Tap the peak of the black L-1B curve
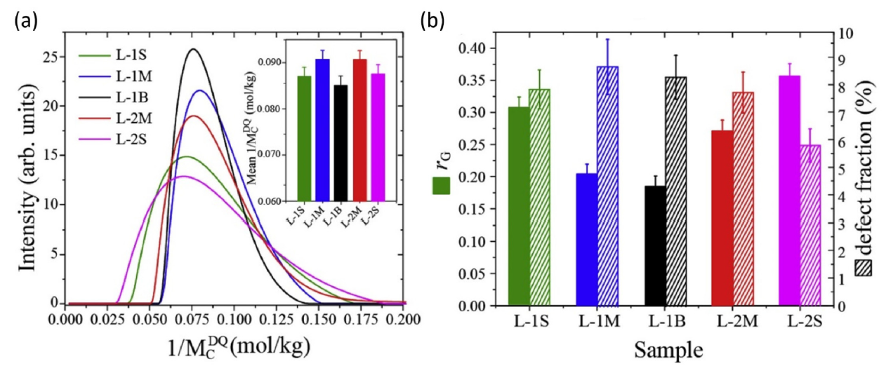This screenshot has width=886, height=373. click(194, 49)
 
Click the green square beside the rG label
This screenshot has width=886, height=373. click(441, 186)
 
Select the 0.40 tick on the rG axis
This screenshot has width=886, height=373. click(480, 48)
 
